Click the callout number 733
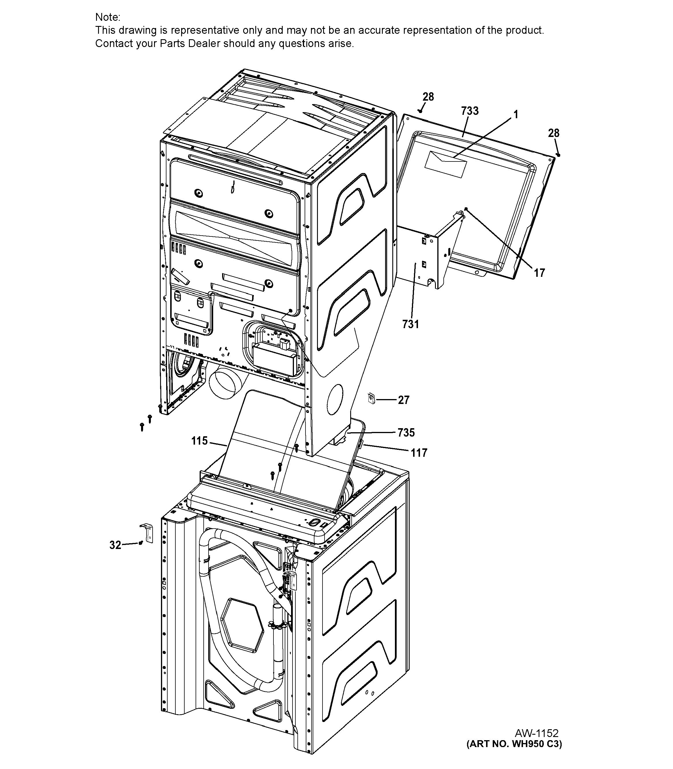tap(470, 111)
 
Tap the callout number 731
tap(410, 324)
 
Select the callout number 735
tap(406, 433)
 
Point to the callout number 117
tap(419, 453)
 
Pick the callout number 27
tap(404, 400)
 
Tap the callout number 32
tap(115, 545)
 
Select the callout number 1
tap(516, 114)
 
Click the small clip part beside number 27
tap(372, 398)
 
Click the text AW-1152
tap(536, 733)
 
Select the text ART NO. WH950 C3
tap(514, 744)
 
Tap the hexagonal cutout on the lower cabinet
tap(242, 625)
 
